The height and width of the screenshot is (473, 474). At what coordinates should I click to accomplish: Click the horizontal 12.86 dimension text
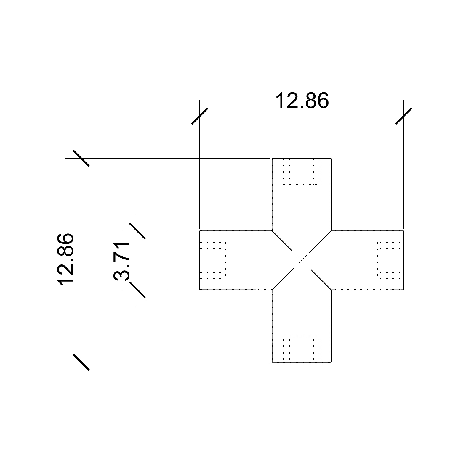pos(302,101)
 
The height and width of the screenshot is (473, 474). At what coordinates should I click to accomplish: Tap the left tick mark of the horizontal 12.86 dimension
pos(200,116)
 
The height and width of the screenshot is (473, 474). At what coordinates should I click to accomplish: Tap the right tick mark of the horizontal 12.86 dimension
pos(403,116)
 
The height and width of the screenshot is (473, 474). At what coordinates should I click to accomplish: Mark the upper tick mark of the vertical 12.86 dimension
pos(81,158)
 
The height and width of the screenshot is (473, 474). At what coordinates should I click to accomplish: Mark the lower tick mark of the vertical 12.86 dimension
pos(81,362)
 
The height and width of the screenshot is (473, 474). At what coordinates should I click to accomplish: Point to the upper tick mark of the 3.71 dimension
pos(137,230)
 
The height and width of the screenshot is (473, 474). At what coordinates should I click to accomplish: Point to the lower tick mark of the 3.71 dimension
pos(137,290)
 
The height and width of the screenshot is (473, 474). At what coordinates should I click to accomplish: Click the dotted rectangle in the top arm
pos(302,172)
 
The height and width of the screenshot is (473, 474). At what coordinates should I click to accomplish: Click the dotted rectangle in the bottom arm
pos(302,348)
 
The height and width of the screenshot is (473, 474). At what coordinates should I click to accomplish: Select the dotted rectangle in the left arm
pos(213,260)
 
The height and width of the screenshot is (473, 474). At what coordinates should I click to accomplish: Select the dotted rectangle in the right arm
pos(390,260)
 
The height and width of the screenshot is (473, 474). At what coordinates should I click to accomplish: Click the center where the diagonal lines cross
pos(302,260)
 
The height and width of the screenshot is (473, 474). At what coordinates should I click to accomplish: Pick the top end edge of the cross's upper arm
pos(302,159)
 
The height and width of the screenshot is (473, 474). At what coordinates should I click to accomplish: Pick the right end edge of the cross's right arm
pos(403,260)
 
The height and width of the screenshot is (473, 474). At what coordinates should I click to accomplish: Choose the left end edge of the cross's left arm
pos(200,260)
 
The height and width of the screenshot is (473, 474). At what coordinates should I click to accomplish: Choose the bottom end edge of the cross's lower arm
pos(302,362)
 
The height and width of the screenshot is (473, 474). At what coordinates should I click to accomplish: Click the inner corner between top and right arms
pos(331,230)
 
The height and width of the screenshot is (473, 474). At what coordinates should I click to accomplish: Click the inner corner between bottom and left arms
pos(272,290)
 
